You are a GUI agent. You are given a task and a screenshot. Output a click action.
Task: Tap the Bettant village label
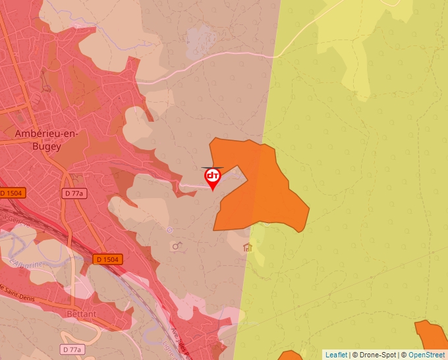coord(81,314)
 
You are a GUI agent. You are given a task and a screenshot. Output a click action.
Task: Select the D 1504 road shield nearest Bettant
coord(107,259)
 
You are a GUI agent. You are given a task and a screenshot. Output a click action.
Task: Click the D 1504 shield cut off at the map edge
coord(11,193)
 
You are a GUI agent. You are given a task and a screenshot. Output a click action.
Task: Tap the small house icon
coord(248,247)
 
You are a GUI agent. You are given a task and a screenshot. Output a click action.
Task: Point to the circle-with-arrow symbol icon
coord(176,246)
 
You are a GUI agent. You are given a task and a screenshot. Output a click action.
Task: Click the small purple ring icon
coord(169,230)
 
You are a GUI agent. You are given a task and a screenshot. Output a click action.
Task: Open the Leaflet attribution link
coord(336,355)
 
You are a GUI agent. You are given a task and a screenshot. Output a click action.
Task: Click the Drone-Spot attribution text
coord(376,355)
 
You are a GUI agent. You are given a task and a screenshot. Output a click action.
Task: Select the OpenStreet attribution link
coord(426,355)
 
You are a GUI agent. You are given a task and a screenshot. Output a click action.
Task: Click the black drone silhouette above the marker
coord(213,167)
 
